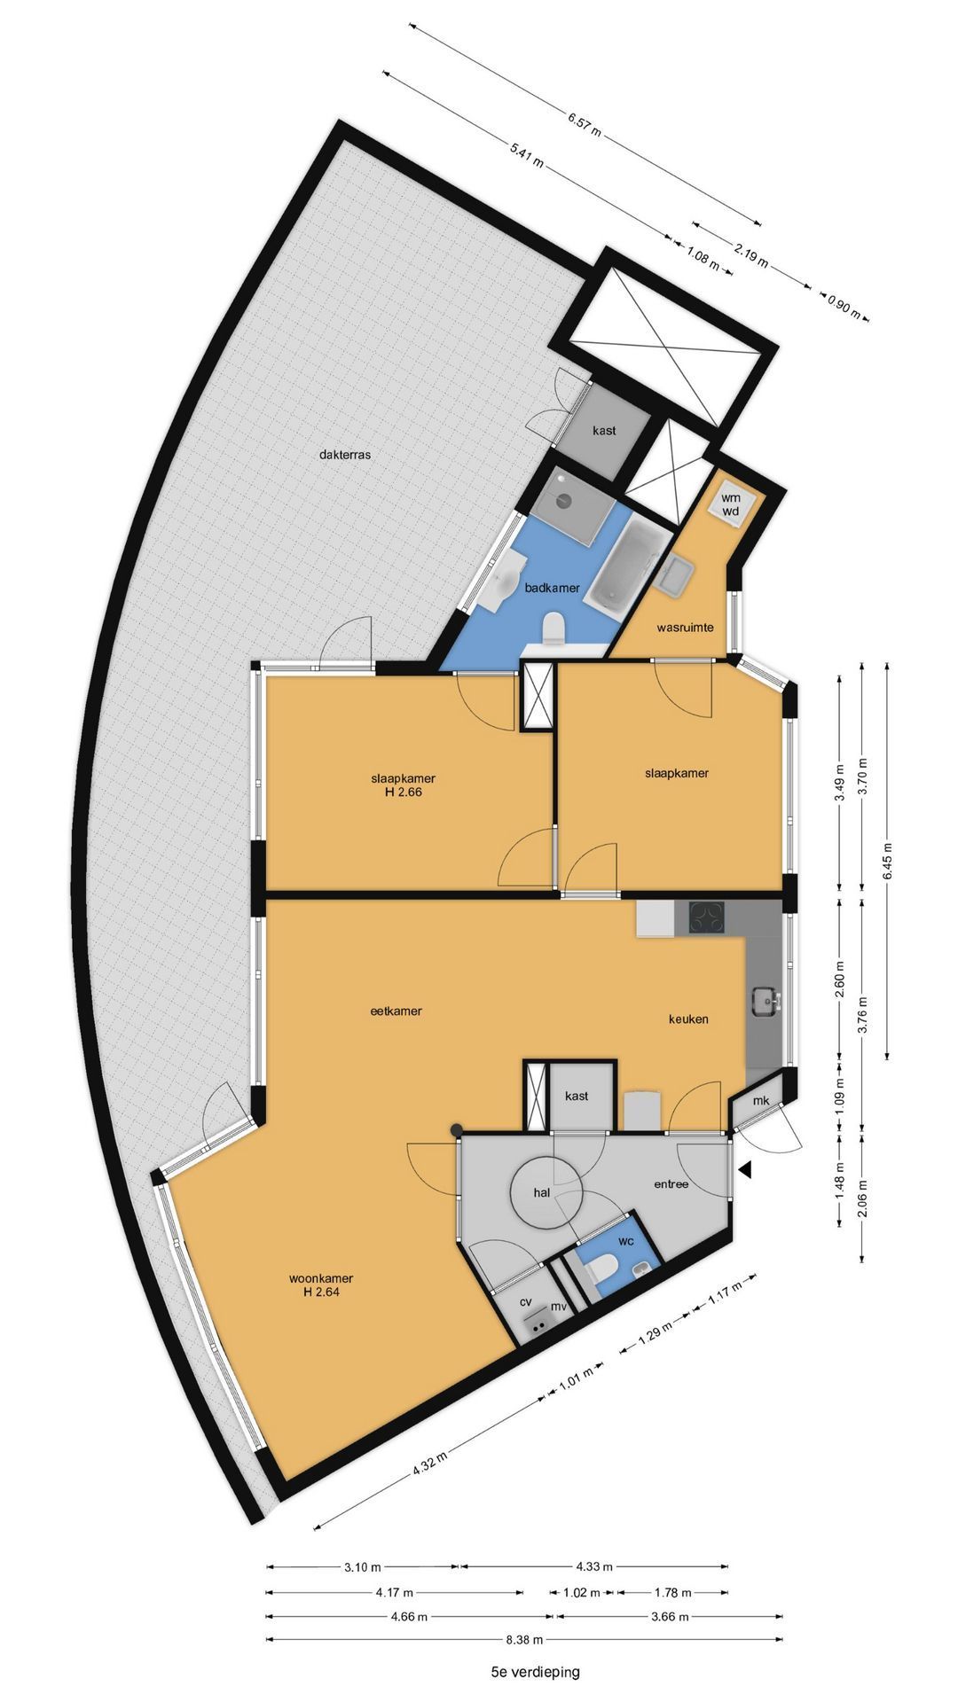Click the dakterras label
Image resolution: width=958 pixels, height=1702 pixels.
344,455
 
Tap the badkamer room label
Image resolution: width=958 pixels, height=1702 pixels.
552,588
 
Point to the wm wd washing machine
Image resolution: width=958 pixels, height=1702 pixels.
731,504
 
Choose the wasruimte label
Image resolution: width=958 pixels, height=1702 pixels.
685,628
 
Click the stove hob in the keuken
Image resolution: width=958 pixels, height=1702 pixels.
700,918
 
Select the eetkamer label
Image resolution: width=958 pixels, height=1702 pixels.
397,1011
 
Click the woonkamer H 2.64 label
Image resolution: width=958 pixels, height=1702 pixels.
321,1285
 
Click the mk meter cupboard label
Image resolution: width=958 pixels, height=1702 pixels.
761,1101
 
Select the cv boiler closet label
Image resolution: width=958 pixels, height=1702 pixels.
525,1302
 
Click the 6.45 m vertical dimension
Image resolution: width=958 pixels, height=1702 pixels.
888,858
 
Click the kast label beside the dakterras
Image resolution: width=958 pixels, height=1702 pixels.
605,431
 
